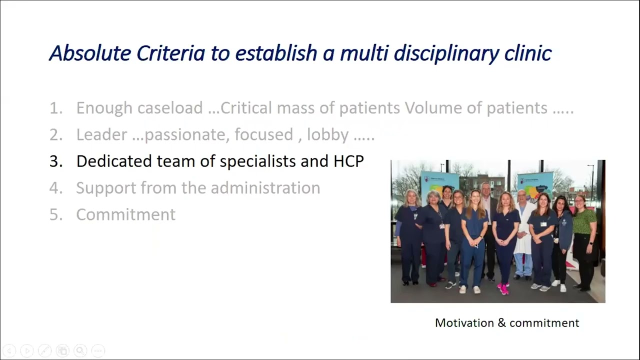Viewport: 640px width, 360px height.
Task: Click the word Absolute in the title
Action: click(x=90, y=53)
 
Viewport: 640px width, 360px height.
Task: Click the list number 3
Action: click(x=55, y=161)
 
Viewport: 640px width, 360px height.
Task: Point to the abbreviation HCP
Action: click(x=348, y=161)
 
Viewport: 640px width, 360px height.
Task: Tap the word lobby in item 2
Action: click(x=327, y=134)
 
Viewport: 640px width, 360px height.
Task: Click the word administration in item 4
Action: click(x=265, y=188)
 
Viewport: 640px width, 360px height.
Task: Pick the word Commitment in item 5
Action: click(x=125, y=214)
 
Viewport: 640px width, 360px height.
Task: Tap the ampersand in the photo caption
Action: click(x=501, y=323)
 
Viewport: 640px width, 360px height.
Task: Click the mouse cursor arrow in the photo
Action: click(x=476, y=245)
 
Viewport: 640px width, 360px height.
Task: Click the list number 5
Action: click(x=55, y=214)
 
